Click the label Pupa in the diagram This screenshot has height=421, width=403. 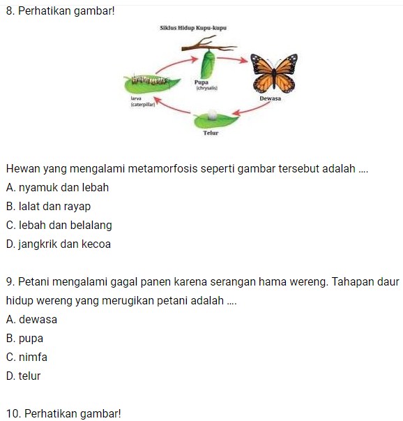tap(203, 82)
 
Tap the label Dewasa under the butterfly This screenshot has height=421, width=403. tap(270, 99)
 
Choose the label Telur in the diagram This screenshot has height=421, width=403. tap(211, 132)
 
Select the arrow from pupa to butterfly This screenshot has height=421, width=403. tap(235, 59)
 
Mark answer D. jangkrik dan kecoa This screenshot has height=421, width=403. tap(58, 244)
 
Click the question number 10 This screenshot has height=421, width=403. tap(12, 413)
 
